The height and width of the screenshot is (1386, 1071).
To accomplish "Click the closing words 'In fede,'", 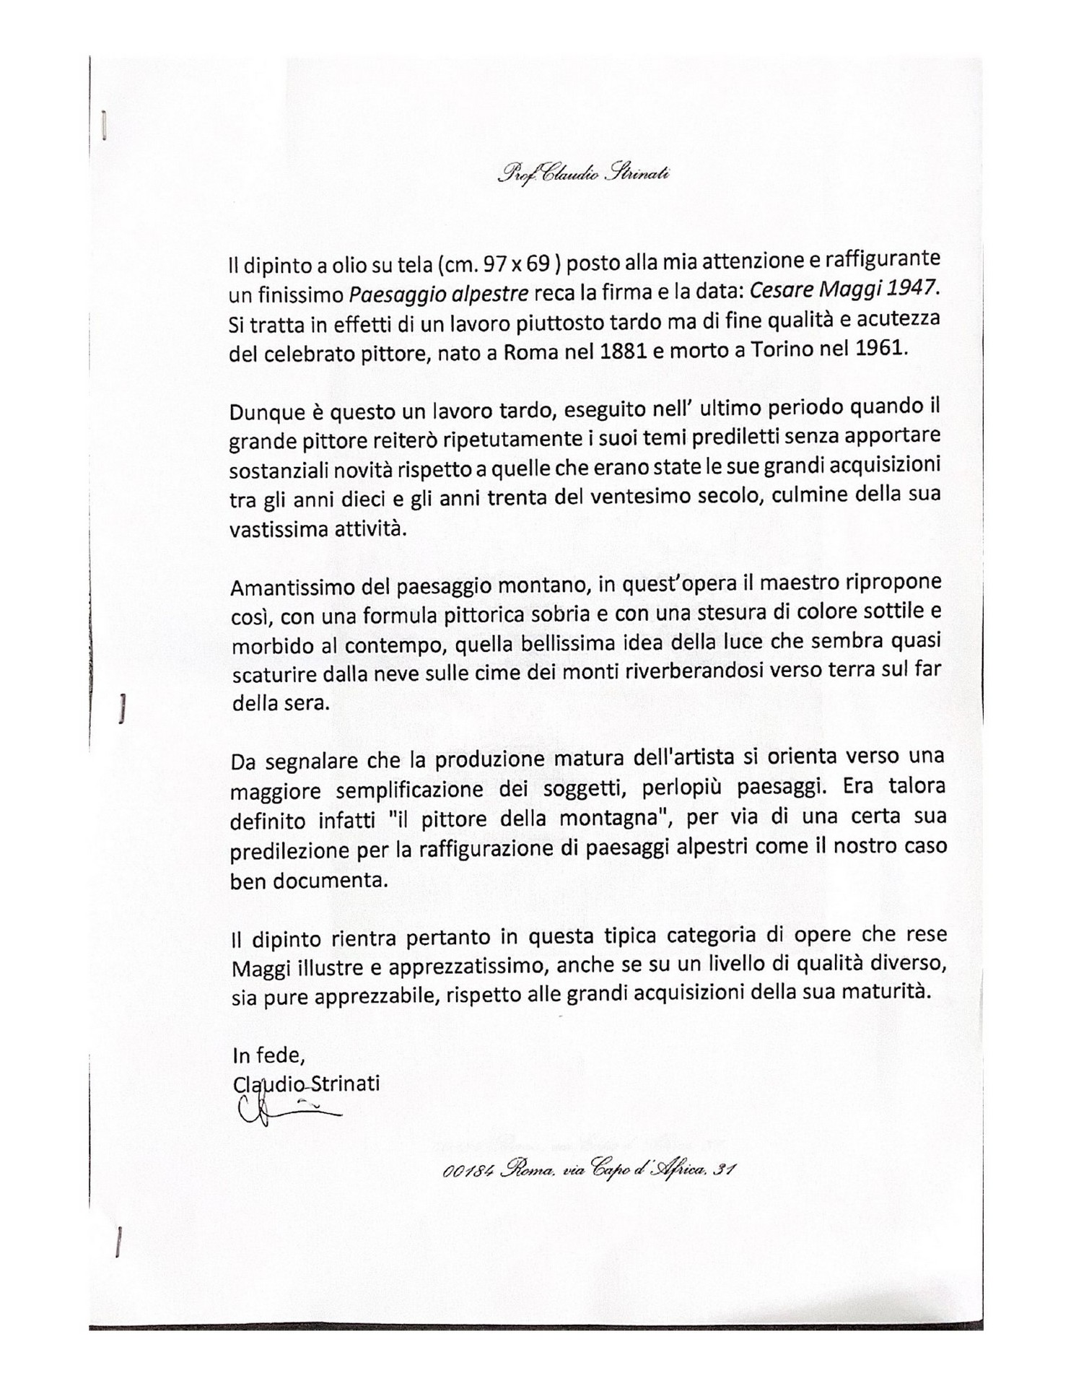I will pos(268,1055).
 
